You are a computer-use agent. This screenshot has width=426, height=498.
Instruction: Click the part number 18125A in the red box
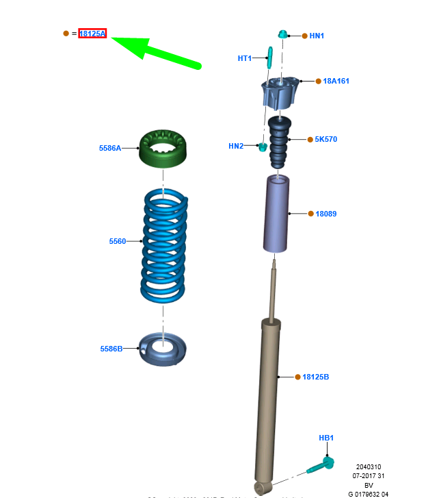coord(92,33)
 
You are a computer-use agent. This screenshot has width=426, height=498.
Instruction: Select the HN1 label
coord(317,35)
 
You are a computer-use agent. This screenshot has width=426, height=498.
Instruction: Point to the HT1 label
coord(245,58)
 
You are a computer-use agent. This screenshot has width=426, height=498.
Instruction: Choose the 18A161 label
coord(336,81)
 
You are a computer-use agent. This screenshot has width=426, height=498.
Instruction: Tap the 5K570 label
coord(326,139)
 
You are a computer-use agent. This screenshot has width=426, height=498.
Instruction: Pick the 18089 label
coord(326,214)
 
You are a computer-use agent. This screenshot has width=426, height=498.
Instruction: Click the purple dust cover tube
coord(277,214)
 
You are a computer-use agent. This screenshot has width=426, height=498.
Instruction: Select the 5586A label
coord(109,147)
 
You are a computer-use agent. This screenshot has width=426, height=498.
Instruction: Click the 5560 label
coord(117,241)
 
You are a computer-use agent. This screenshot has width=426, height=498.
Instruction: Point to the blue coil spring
coord(164,247)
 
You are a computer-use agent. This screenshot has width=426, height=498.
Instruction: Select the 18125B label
coord(316,377)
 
